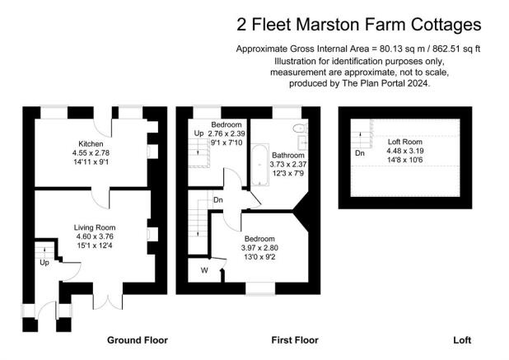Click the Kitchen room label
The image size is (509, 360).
pyautogui.click(x=91, y=144)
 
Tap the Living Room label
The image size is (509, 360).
pyautogui.click(x=95, y=227)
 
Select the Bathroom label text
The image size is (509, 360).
pyautogui.click(x=288, y=155)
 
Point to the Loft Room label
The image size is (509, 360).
pyautogui.click(x=405, y=142)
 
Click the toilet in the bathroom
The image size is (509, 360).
pyautogui.click(x=300, y=129)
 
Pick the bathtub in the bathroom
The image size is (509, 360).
pyautogui.click(x=259, y=165)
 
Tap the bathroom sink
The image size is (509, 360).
pyautogui.click(x=303, y=143)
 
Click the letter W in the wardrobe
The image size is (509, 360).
pyautogui.click(x=204, y=270)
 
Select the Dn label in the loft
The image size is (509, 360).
pyautogui.click(x=360, y=153)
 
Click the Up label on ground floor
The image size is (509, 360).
pyautogui.click(x=44, y=262)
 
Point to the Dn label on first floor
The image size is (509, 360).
pyautogui.click(x=218, y=200)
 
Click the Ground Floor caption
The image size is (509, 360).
pyautogui.click(x=138, y=340)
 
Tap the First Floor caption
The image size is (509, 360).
pyautogui.click(x=295, y=340)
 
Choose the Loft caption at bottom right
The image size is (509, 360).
pyautogui.click(x=462, y=340)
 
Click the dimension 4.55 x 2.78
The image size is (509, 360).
pyautogui.click(x=91, y=153)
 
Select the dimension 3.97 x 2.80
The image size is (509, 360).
pyautogui.click(x=259, y=248)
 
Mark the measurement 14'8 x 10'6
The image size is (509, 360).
pyautogui.click(x=405, y=160)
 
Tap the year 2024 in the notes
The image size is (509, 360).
pyautogui.click(x=418, y=83)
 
